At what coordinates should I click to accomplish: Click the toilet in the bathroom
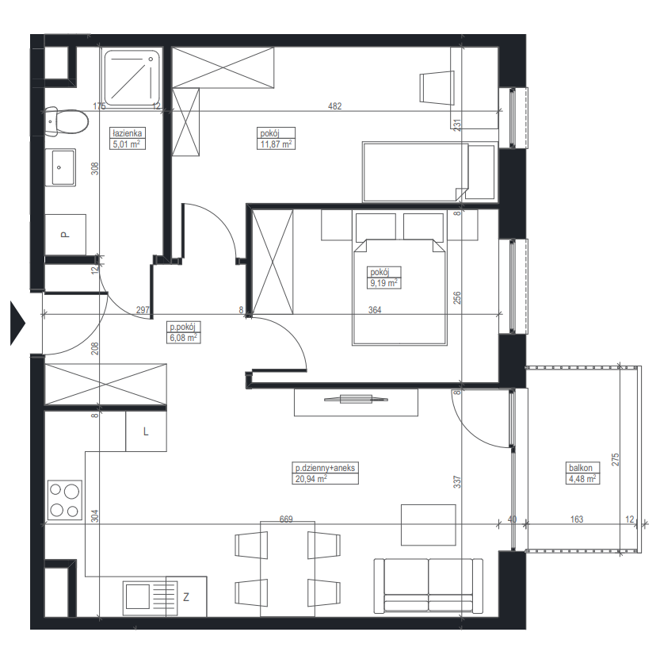[67, 121]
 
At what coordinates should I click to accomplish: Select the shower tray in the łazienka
[132, 78]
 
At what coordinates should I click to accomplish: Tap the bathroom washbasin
[60, 167]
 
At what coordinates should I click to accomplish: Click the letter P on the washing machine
[64, 234]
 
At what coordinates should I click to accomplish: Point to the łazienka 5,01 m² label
[128, 139]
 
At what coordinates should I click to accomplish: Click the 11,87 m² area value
[276, 144]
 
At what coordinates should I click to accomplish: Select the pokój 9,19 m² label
[383, 278]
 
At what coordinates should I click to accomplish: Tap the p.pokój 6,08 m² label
[183, 332]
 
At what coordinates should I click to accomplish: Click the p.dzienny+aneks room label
[325, 468]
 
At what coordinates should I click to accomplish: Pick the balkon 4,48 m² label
[582, 473]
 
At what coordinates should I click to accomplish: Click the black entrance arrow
[17, 324]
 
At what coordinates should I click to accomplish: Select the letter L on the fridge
[146, 431]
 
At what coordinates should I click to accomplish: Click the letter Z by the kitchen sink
[186, 596]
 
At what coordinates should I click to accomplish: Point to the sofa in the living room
[429, 585]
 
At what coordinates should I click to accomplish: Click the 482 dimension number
[334, 106]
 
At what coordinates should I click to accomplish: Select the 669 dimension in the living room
[286, 519]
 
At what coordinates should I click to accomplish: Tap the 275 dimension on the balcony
[615, 459]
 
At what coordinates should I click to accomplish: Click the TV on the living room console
[356, 399]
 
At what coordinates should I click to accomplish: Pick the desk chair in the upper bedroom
[437, 87]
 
